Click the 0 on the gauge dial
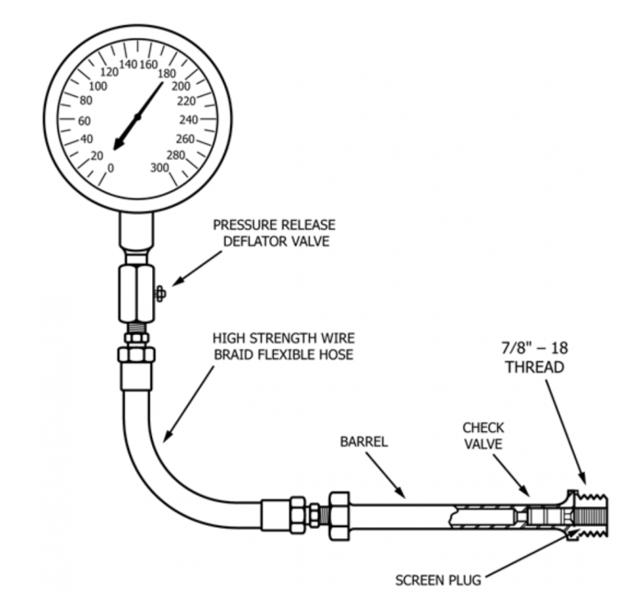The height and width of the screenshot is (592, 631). point(111,168)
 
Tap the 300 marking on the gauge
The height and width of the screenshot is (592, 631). point(159,168)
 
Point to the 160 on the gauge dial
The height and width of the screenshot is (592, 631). point(149,64)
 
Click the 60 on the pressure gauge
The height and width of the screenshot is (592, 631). point(84,120)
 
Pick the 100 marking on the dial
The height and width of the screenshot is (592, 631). point(98,86)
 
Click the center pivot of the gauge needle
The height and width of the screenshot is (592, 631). point(136,117)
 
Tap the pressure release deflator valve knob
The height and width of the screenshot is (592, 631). point(159,292)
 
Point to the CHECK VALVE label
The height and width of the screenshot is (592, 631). point(483,436)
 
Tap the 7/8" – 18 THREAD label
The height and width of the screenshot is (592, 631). point(534,357)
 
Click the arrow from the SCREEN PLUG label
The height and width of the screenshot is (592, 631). point(526,554)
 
